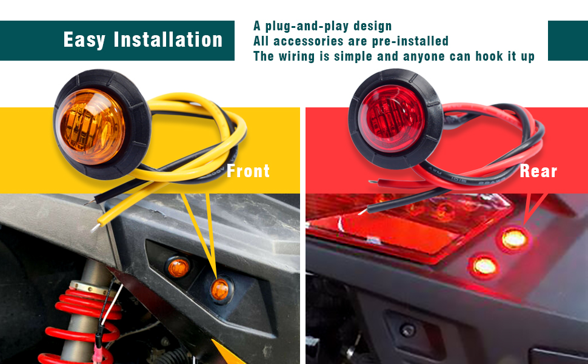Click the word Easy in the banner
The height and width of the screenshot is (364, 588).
click(x=84, y=40)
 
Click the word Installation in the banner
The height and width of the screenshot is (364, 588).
click(x=169, y=40)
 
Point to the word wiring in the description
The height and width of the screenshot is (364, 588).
click(x=299, y=56)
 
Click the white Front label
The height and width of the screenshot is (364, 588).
click(x=248, y=171)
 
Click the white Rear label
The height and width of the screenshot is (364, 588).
click(x=538, y=171)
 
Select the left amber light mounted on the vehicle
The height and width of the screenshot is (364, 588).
click(x=178, y=267)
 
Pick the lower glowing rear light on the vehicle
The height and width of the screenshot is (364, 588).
click(x=485, y=265)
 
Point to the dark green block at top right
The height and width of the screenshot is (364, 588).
click(x=567, y=41)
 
